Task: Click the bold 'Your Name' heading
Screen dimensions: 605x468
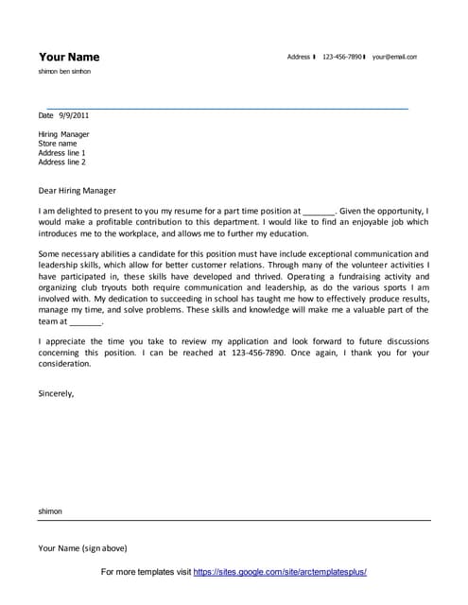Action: pos(68,57)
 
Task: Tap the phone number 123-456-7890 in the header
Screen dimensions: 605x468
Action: pos(341,58)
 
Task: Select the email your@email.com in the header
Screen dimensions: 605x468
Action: pos(394,58)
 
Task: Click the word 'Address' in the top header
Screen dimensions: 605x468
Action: pos(299,58)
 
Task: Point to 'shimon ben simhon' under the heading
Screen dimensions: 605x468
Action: pos(65,72)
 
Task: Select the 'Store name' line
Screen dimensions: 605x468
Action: pos(58,144)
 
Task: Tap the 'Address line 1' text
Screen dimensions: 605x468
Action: pos(61,153)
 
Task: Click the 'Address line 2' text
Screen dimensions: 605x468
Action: pos(61,163)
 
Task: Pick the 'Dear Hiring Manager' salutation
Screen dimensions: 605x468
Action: pos(78,189)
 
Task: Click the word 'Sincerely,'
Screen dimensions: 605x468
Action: pos(56,391)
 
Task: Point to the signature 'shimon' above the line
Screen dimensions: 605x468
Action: pos(50,511)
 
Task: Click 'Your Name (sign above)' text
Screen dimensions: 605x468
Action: pos(82,548)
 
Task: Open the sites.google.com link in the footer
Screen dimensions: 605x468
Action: pos(280,573)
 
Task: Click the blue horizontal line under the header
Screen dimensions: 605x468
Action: pos(227,109)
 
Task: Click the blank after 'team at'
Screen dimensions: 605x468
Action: pos(85,321)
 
